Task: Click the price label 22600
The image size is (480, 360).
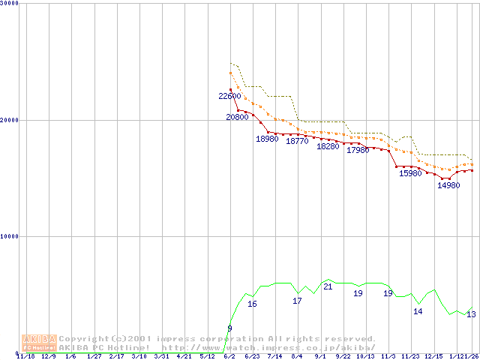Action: click(x=229, y=96)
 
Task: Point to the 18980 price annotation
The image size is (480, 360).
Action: click(x=267, y=139)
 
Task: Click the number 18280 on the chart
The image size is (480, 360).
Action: click(x=328, y=146)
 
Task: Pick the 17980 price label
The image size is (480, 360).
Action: click(x=358, y=150)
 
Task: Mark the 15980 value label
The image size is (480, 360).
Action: click(x=410, y=173)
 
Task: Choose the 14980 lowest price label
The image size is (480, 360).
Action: click(x=448, y=185)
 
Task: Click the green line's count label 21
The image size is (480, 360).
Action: click(x=328, y=286)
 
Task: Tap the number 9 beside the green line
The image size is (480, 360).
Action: click(x=229, y=328)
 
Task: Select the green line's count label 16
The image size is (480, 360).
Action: click(x=252, y=304)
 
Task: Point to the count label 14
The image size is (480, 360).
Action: click(x=418, y=311)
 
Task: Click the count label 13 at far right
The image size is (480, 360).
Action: click(x=471, y=314)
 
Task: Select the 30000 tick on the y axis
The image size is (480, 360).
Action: click(x=10, y=3)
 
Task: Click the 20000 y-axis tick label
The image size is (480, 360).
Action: click(x=10, y=120)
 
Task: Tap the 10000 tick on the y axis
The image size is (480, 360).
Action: click(x=10, y=236)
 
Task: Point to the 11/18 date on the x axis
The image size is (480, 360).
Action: click(x=25, y=356)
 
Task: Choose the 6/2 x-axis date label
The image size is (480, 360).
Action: click(x=229, y=356)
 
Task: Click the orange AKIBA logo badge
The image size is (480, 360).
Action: click(x=39, y=343)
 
